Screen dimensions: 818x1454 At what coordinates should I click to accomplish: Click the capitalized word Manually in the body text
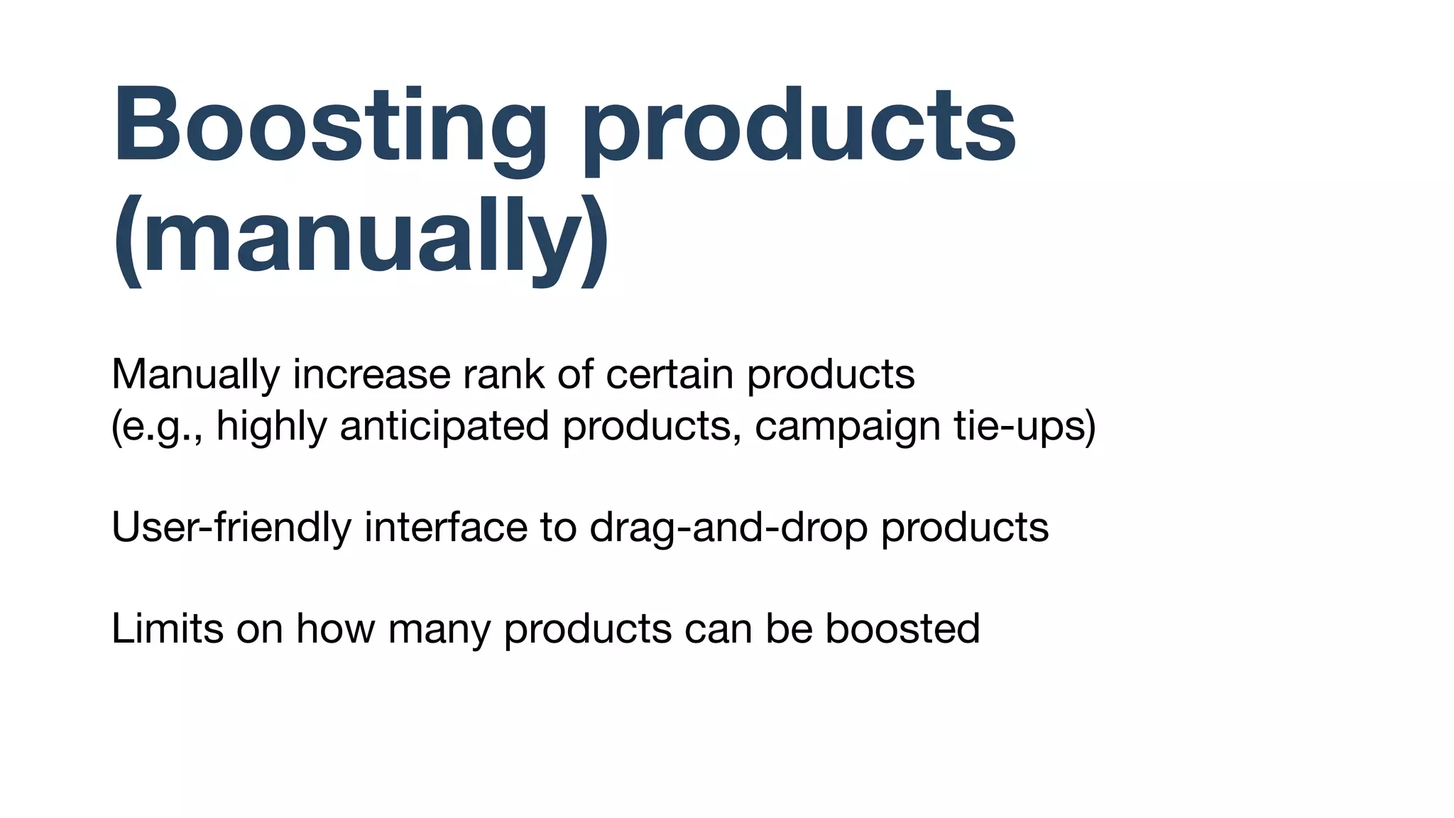click(195, 375)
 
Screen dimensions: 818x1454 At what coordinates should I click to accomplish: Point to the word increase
click(371, 375)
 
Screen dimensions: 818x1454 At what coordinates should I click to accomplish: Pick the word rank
click(503, 375)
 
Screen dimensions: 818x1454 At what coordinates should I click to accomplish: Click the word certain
click(669, 375)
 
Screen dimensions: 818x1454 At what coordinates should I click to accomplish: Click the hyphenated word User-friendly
click(231, 528)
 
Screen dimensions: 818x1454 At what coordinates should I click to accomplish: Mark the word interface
click(446, 528)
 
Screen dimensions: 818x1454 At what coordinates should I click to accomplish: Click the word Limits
click(167, 629)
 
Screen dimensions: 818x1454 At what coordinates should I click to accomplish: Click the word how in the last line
click(335, 629)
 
